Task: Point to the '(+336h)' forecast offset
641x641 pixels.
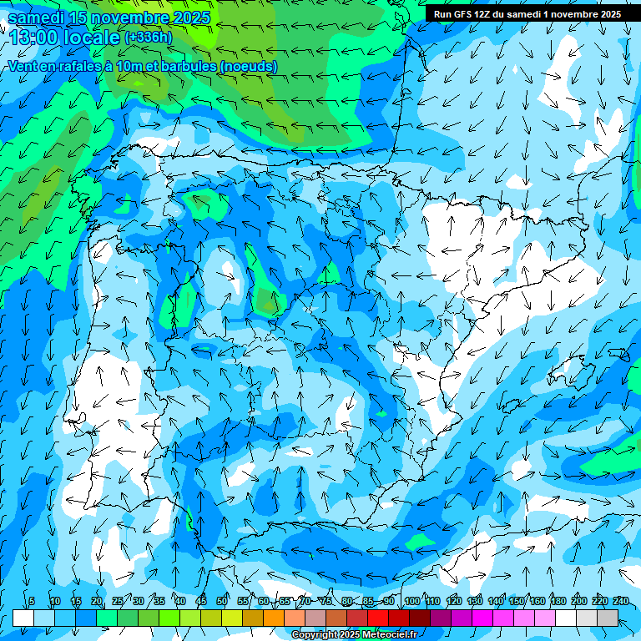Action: coord(149,38)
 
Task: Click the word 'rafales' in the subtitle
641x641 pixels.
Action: coord(83,66)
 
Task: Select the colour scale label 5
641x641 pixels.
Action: coord(31,601)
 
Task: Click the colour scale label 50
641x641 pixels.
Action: coord(222,601)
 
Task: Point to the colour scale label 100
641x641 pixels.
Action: coord(411,601)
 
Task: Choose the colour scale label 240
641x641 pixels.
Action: coord(621,601)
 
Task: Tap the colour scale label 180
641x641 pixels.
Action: coord(558,601)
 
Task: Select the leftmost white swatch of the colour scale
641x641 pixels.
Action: coord(23,618)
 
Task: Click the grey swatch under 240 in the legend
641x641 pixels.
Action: coord(608,618)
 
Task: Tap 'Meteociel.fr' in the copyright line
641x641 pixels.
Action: coord(388,635)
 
